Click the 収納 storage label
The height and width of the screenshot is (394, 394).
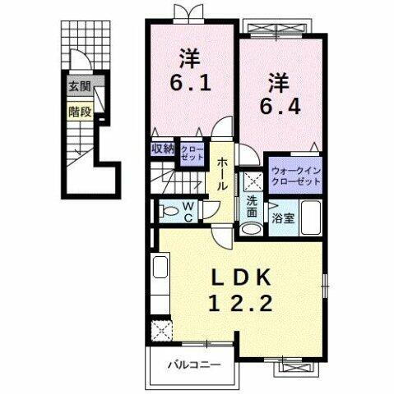(162, 149)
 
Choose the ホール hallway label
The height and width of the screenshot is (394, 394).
(221, 174)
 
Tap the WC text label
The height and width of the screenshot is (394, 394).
(188, 213)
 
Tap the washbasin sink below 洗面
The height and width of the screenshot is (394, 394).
(251, 227)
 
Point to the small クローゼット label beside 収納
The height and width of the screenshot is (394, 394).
(192, 151)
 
